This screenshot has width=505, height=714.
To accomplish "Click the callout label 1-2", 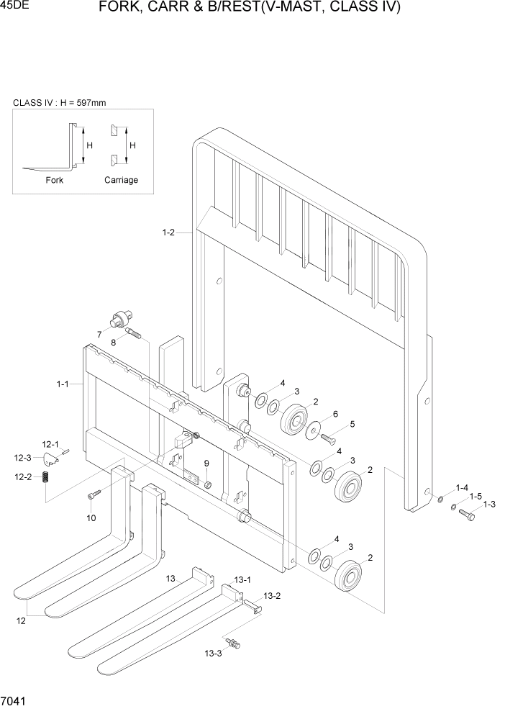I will point(168,232).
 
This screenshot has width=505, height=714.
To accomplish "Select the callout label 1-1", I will point(63,384).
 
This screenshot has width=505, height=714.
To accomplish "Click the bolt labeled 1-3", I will point(466,515).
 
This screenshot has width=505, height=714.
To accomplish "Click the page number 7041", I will point(14,700).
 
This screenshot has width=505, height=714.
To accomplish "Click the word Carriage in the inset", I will point(121,180).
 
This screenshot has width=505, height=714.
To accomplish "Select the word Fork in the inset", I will point(55,180).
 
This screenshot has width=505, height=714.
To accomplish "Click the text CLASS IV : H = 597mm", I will point(60,103).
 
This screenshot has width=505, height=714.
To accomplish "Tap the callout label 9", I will point(206,463).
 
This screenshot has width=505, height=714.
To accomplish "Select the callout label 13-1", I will point(242,579).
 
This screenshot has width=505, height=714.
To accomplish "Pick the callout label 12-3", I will point(22,458).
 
